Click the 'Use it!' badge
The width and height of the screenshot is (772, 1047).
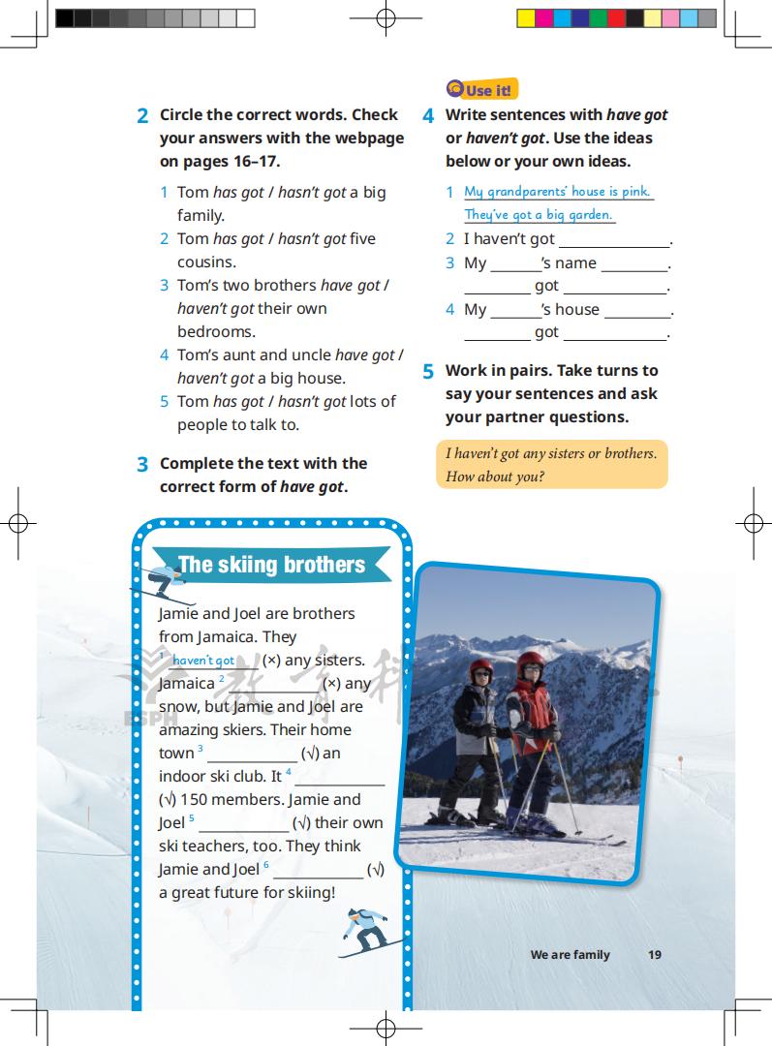tap(481, 90)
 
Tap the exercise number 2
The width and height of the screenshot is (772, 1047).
tap(142, 116)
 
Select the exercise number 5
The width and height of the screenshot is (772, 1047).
tap(428, 372)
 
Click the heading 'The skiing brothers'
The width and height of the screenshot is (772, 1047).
tap(271, 566)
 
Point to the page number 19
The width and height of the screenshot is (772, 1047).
tap(655, 955)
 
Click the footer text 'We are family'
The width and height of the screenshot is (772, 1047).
tap(570, 955)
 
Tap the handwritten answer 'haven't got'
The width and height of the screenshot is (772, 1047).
tap(203, 661)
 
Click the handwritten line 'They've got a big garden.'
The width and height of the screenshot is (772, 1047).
tap(539, 215)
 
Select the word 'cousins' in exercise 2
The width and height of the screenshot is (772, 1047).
tap(204, 262)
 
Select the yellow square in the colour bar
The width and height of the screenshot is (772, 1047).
tap(525, 18)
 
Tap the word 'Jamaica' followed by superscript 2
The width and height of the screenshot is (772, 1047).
tap(187, 684)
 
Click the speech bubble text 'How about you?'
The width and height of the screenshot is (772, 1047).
tap(494, 477)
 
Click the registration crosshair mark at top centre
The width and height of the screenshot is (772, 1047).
tap(386, 18)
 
